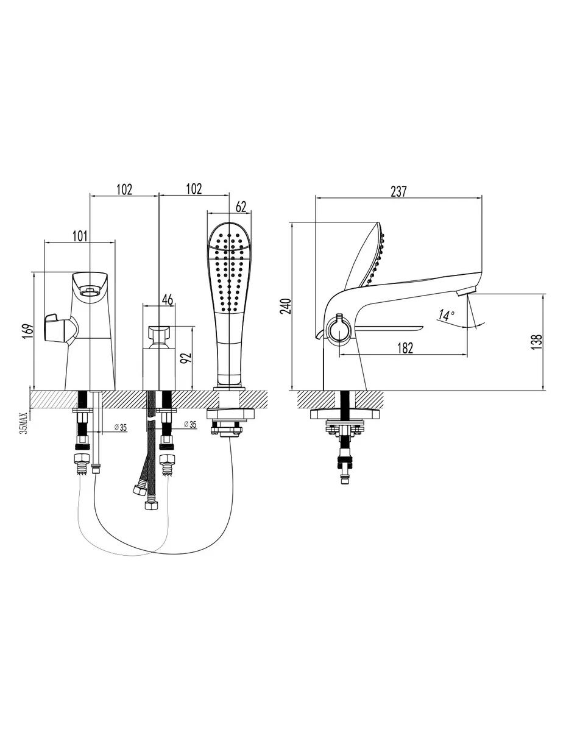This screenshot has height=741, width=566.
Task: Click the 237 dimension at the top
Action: [398, 191]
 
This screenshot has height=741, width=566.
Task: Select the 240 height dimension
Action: [286, 306]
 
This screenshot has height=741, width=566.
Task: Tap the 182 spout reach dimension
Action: [405, 348]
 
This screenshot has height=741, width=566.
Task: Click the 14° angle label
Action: [446, 315]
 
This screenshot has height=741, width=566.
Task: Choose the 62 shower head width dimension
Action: [241, 207]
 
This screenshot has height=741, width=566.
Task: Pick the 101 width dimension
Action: [80, 236]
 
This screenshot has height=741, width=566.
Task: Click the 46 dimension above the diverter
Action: [167, 299]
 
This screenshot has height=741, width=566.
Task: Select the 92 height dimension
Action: [185, 358]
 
